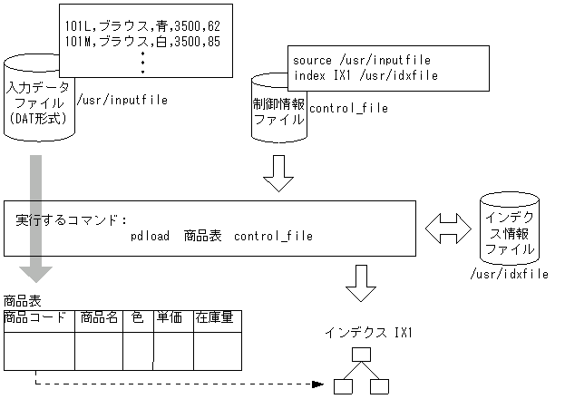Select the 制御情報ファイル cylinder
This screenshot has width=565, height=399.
click(278, 109)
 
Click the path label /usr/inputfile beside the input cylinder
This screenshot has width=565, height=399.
click(122, 100)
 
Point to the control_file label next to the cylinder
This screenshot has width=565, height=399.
click(348, 109)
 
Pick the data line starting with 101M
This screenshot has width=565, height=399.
click(143, 41)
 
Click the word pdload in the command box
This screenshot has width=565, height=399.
click(150, 237)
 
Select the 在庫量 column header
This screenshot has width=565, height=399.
click(216, 318)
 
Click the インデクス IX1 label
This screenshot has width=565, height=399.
click(369, 334)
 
